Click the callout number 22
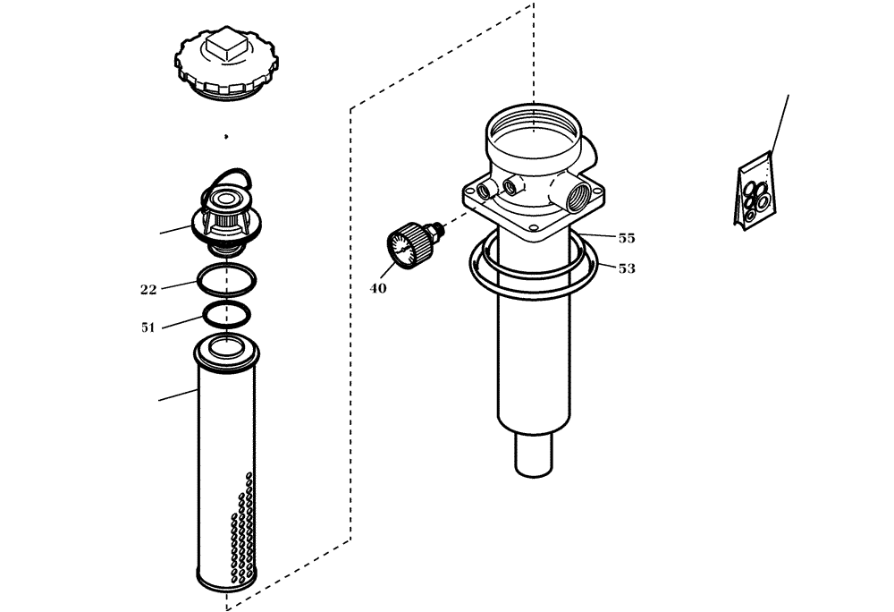[x=148, y=289]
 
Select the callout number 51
[x=148, y=327]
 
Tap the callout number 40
[x=379, y=288]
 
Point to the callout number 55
[x=627, y=239]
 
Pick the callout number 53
[x=627, y=268]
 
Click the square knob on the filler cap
[x=223, y=45]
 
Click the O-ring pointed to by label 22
[x=227, y=280]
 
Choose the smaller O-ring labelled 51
[x=227, y=314]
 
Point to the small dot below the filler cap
[x=226, y=137]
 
